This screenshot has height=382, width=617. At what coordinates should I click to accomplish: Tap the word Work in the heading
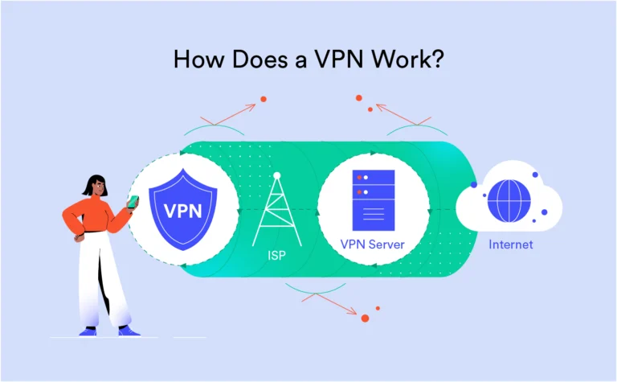click(x=408, y=60)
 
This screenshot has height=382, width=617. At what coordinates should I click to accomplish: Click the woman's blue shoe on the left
click(x=88, y=331)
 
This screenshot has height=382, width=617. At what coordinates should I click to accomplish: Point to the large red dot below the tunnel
click(x=365, y=318)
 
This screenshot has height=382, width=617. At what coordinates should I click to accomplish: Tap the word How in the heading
click(x=195, y=60)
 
